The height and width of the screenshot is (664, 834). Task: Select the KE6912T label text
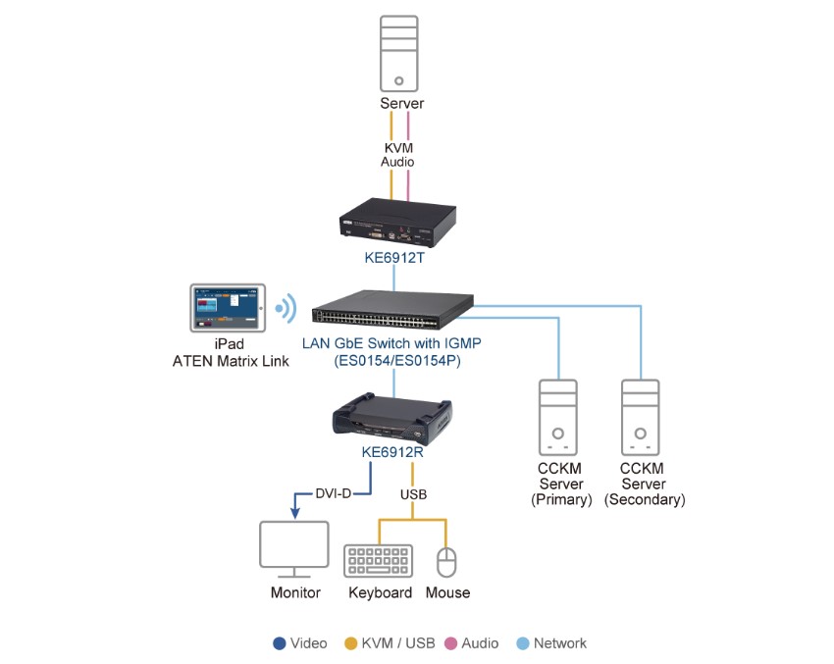(x=394, y=258)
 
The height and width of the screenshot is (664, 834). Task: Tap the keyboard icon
(x=379, y=561)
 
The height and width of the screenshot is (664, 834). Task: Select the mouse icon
(x=447, y=563)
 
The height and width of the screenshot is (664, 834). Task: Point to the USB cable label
(x=412, y=494)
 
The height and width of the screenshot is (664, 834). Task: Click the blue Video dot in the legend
(x=279, y=643)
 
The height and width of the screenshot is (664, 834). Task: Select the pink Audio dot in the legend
(x=449, y=643)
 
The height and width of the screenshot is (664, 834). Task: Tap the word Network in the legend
(x=559, y=643)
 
